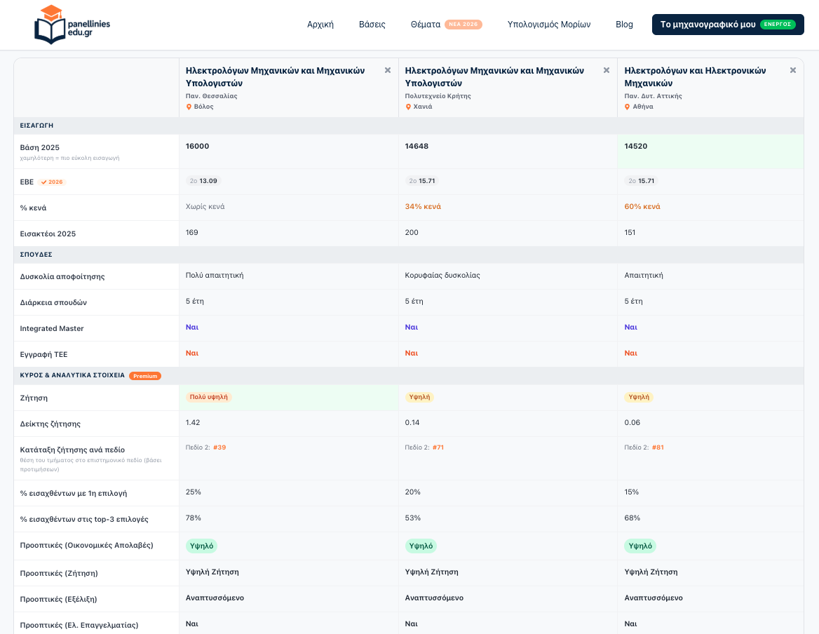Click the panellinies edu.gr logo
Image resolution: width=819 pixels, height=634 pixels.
tap(72, 25)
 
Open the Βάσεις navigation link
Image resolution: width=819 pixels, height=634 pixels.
tap(372, 25)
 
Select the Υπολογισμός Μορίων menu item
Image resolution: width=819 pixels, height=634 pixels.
tap(549, 25)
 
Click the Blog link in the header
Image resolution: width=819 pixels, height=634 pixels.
tap(624, 25)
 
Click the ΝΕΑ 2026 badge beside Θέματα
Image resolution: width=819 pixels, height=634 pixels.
tap(463, 25)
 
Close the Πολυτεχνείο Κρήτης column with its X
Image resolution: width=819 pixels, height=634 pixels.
tap(607, 71)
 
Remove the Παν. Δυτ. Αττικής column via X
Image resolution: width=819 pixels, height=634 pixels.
tap(793, 71)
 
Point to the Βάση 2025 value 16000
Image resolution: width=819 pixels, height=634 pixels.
tap(198, 147)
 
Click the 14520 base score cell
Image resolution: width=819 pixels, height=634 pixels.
tap(636, 147)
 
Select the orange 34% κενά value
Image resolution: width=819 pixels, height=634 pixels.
tap(423, 206)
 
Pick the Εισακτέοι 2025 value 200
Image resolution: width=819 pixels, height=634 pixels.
tap(412, 232)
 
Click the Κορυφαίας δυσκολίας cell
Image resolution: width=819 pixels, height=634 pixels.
tap(442, 275)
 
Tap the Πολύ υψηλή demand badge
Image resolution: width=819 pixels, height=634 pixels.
tap(208, 397)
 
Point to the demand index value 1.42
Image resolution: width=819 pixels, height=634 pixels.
tap(193, 422)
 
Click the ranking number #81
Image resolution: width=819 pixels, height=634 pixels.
tap(658, 447)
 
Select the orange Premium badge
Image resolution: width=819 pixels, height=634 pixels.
tap(145, 376)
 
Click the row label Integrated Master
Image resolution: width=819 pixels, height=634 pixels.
tap(52, 328)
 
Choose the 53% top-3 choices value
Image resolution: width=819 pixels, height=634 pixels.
tap(412, 518)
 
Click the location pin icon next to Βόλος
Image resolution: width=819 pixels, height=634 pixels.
tap(189, 107)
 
